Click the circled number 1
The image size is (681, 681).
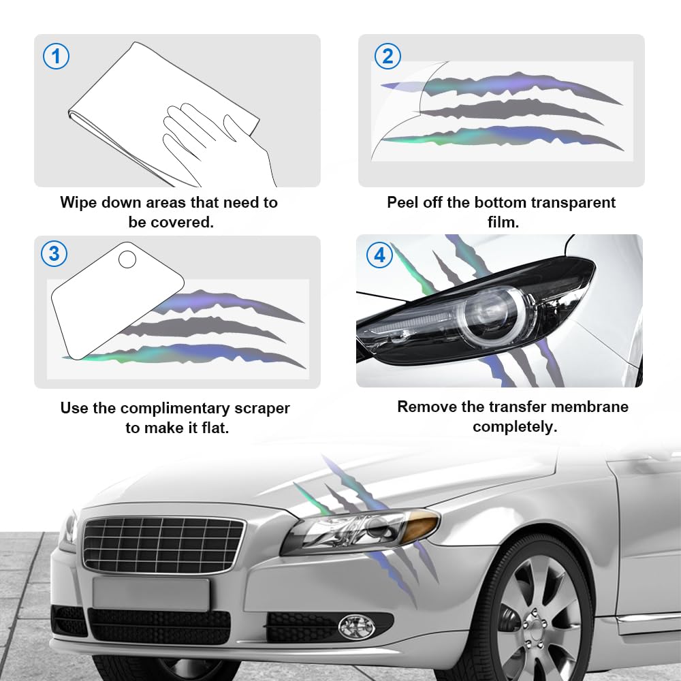[x=56, y=56]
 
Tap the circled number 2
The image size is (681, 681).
[x=387, y=56]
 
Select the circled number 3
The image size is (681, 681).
[x=54, y=255]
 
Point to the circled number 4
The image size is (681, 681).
[x=380, y=255]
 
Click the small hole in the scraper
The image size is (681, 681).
[x=127, y=259]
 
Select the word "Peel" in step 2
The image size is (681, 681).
[x=403, y=202]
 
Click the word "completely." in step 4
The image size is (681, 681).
[x=515, y=427]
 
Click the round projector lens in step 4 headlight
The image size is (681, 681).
[x=492, y=313]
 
